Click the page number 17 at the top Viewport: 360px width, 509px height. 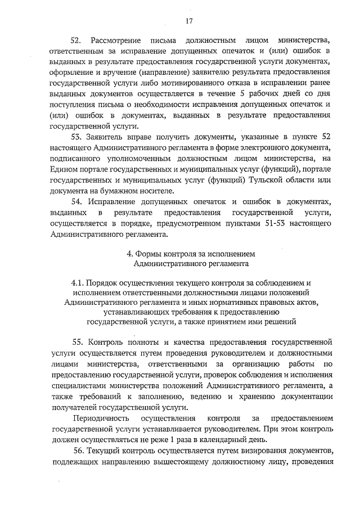(x=188, y=21)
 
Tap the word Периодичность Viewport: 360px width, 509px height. (x=100, y=419)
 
